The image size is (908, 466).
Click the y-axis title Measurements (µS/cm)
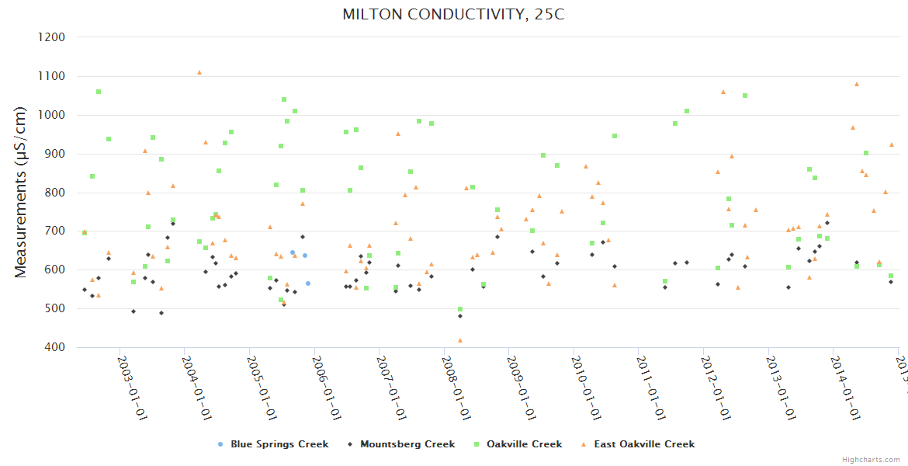pyautogui.click(x=21, y=191)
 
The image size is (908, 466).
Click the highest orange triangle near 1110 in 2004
pyautogui.click(x=199, y=72)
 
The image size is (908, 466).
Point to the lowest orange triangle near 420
pyautogui.click(x=460, y=340)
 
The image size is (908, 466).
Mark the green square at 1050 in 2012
pyautogui.click(x=745, y=96)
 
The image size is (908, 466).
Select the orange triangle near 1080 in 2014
pyautogui.click(x=857, y=84)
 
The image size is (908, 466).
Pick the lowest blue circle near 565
pyautogui.click(x=308, y=283)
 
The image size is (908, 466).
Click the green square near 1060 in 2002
pyautogui.click(x=99, y=92)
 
